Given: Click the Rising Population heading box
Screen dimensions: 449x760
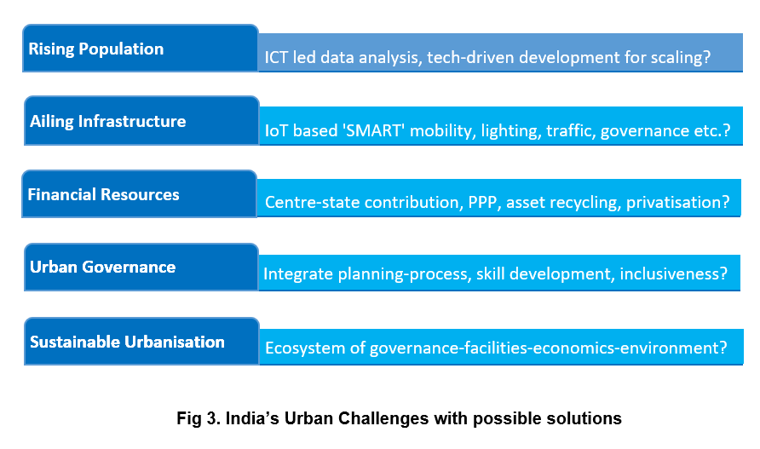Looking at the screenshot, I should (x=141, y=49).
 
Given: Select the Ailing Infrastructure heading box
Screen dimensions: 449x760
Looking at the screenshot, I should (x=141, y=121).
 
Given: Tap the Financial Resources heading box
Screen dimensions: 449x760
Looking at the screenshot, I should (x=139, y=194).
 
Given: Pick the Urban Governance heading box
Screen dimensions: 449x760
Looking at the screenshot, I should (x=141, y=267).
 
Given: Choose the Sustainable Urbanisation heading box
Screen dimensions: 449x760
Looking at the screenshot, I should (x=141, y=342).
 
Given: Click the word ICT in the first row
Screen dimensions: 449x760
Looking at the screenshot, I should (x=278, y=59).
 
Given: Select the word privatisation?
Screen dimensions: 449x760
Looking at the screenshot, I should (x=678, y=203).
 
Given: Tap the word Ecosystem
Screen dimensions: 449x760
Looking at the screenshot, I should (x=304, y=348).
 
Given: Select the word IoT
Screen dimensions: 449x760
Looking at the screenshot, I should (x=277, y=132).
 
